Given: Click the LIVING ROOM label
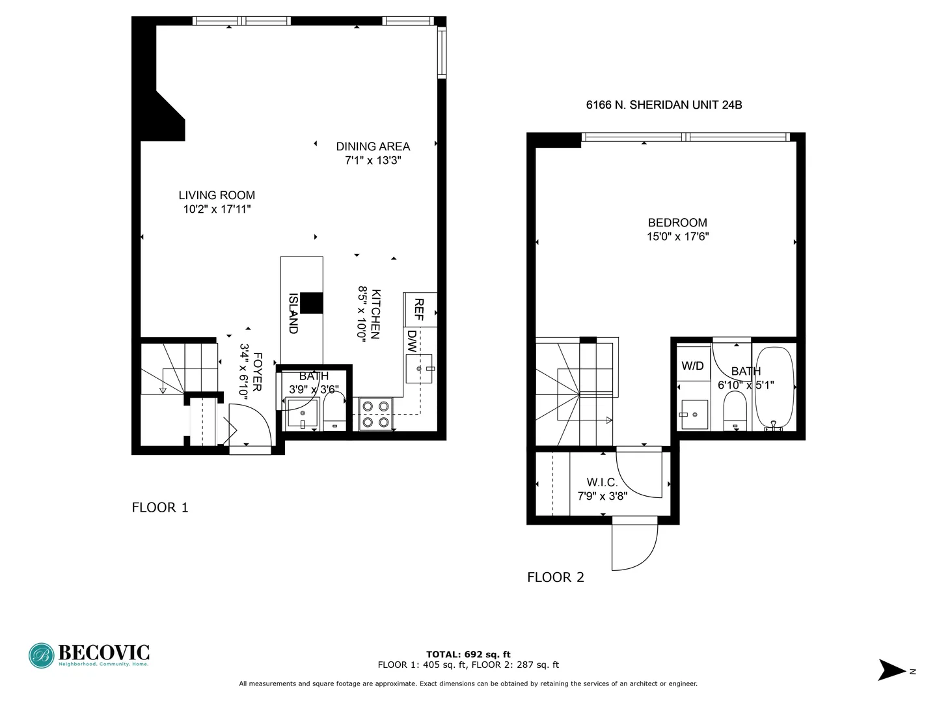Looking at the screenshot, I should point(217,195).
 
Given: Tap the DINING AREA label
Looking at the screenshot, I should point(373,146).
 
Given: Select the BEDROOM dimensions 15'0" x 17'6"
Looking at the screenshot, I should point(677,237).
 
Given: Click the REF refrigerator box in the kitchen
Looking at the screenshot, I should point(420,310).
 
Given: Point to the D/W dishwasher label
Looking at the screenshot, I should point(412,341).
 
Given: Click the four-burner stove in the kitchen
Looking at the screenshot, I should point(375,415).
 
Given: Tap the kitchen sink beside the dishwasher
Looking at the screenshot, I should point(419,369).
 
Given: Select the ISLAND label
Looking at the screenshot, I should point(293,313).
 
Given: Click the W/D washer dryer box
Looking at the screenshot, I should point(692,366).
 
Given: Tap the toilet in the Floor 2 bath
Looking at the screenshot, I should point(735,411).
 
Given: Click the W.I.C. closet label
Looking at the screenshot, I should point(602,482).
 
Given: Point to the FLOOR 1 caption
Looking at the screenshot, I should point(160,508).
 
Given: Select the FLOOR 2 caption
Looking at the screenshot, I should point(556,577).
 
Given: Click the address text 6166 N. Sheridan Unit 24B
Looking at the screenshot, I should point(664,105).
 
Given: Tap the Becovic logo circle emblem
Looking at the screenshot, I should point(42,655).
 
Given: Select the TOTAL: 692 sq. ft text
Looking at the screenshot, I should point(468,655).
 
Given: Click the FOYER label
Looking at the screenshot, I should point(257,372).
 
